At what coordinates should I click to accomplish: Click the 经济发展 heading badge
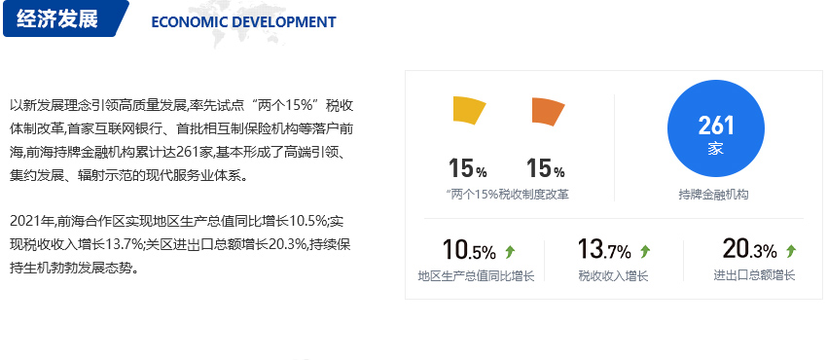pos(63,18)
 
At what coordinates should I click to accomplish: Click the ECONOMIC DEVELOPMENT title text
pos(243,22)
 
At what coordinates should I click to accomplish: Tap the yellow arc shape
pos(469,110)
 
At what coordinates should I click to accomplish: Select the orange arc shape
pos(548,111)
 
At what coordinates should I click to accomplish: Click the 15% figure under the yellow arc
pos(468,168)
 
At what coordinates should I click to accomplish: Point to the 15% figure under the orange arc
pos(546,168)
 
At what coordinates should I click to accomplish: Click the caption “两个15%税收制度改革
pos(507,195)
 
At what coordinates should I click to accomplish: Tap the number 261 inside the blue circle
pos(716,126)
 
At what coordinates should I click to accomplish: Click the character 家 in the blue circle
pos(716,149)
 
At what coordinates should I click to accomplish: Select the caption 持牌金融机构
pos(713,195)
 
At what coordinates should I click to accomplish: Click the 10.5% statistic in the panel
pos(469,250)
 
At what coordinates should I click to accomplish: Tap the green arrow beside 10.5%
pos(510,252)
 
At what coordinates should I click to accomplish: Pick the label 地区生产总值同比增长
pos(477,275)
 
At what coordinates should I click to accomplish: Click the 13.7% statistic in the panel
pos(604,249)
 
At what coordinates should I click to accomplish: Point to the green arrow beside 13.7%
pos(645,252)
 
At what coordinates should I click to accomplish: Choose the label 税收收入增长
pos(613,275)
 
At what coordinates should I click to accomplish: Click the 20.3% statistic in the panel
pos(749,249)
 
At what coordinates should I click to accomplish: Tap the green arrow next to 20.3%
pos(791,251)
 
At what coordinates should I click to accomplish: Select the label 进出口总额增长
pos(754,275)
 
